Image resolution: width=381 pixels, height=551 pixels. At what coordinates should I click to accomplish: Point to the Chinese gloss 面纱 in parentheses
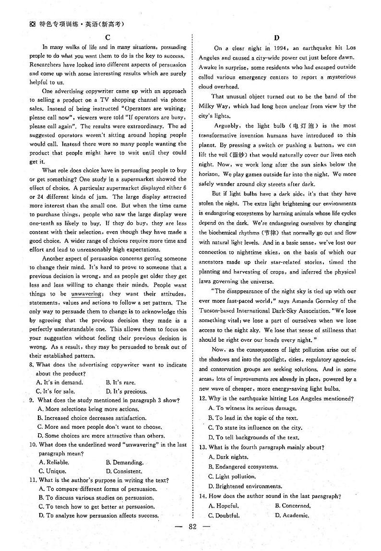(x=246, y=155)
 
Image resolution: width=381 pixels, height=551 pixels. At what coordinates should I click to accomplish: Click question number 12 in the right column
(x=202, y=398)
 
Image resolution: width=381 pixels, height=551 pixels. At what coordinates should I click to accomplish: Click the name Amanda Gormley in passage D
(x=304, y=301)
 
